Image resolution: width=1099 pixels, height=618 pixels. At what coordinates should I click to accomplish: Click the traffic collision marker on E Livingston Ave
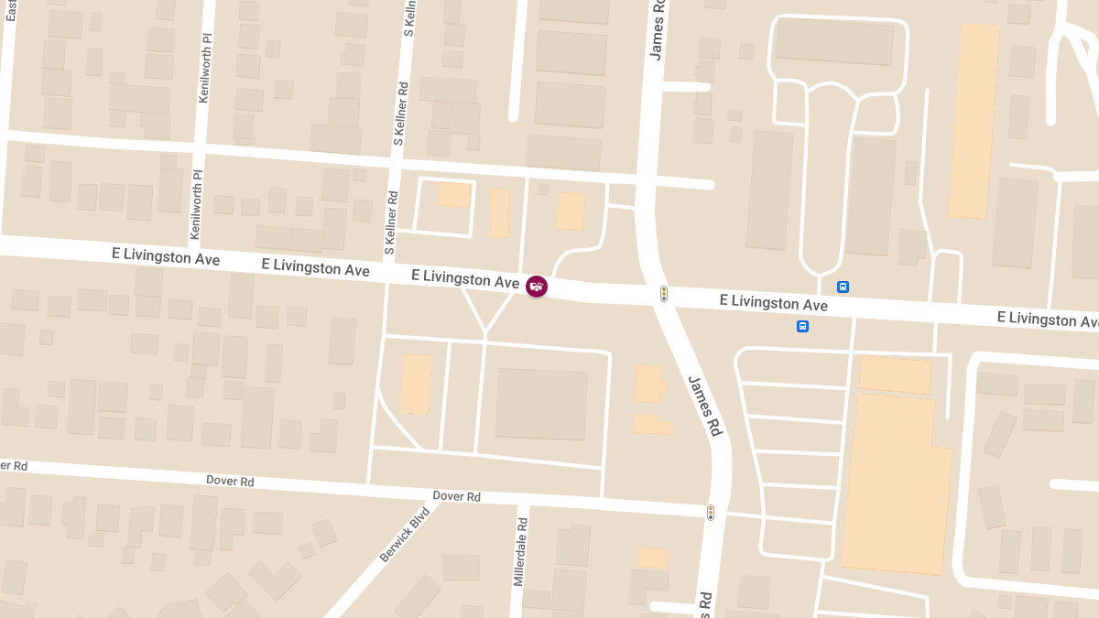pyautogui.click(x=537, y=287)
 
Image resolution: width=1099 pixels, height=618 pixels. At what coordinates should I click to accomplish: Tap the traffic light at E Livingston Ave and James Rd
pyautogui.click(x=664, y=294)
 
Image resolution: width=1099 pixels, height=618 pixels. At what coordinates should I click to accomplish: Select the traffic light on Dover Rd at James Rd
pyautogui.click(x=710, y=513)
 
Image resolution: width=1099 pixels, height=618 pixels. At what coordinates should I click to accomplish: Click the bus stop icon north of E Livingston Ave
pyautogui.click(x=843, y=287)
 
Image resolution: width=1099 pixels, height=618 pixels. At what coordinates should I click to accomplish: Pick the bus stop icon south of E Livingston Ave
pyautogui.click(x=802, y=326)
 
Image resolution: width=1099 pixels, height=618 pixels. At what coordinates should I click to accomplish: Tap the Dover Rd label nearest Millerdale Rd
pyautogui.click(x=456, y=496)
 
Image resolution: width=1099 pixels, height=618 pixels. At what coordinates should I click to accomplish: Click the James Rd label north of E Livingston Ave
pyautogui.click(x=658, y=30)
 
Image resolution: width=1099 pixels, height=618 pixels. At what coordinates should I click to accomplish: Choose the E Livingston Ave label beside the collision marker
pyautogui.click(x=465, y=278)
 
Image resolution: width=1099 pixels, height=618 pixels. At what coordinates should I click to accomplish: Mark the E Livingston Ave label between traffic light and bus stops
pyautogui.click(x=773, y=302)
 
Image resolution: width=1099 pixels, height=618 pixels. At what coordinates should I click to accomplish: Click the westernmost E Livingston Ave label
pyautogui.click(x=165, y=257)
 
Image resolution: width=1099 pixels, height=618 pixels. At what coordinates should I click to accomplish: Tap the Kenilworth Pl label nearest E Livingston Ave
pyautogui.click(x=195, y=205)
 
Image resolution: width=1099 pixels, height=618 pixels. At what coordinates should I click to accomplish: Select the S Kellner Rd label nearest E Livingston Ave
pyautogui.click(x=390, y=222)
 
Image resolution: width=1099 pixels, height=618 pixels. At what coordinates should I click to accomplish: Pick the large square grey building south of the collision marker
pyautogui.click(x=541, y=404)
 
